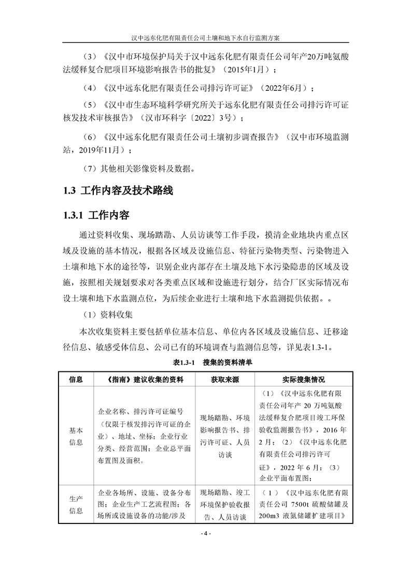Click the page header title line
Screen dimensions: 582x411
[206, 38]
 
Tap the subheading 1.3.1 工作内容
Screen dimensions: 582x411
[96, 215]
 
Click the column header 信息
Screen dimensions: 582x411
[76, 379]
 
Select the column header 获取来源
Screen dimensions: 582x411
[225, 379]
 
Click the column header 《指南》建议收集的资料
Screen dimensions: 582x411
[143, 379]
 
